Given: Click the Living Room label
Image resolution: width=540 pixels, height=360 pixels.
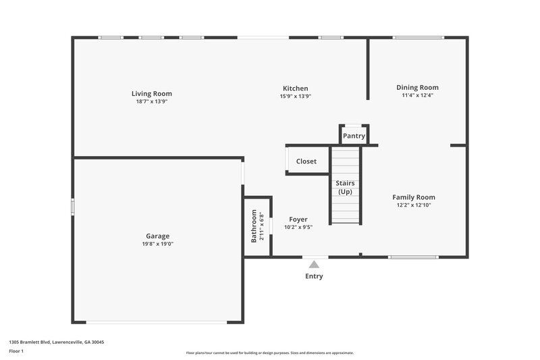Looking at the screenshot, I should click(x=151, y=94).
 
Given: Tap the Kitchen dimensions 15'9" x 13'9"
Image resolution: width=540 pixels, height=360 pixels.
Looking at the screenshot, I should click(x=295, y=97).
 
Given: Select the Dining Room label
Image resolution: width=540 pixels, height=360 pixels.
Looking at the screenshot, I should click(x=417, y=87).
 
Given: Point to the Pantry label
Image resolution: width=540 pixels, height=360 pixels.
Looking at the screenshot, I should click(x=354, y=136).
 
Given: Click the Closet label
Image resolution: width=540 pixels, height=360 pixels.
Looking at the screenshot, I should click(x=306, y=161).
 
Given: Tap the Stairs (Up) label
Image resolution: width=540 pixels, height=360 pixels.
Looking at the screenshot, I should click(x=345, y=188).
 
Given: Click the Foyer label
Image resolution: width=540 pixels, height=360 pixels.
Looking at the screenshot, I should click(x=298, y=220).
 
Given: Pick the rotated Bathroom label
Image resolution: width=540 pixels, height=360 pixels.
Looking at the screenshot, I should click(x=254, y=226).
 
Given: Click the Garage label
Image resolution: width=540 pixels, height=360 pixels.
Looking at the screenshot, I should click(x=157, y=236).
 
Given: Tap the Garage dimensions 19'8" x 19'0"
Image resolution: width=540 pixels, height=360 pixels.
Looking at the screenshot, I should click(x=157, y=244).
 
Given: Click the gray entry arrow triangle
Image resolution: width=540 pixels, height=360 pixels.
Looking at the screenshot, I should click(x=314, y=265).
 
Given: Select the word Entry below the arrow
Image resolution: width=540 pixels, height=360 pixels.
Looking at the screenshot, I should click(x=314, y=276).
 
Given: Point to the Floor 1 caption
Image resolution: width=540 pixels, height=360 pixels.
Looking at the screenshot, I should click(x=16, y=352).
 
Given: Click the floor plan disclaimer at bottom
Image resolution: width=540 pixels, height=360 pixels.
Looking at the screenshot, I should click(x=269, y=353).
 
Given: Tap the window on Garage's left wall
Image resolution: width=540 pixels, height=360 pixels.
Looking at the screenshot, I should click(x=73, y=207).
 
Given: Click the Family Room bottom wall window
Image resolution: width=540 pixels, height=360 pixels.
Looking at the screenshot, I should click(x=413, y=257).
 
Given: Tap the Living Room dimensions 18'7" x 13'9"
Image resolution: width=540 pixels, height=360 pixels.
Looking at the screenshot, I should click(x=151, y=101).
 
